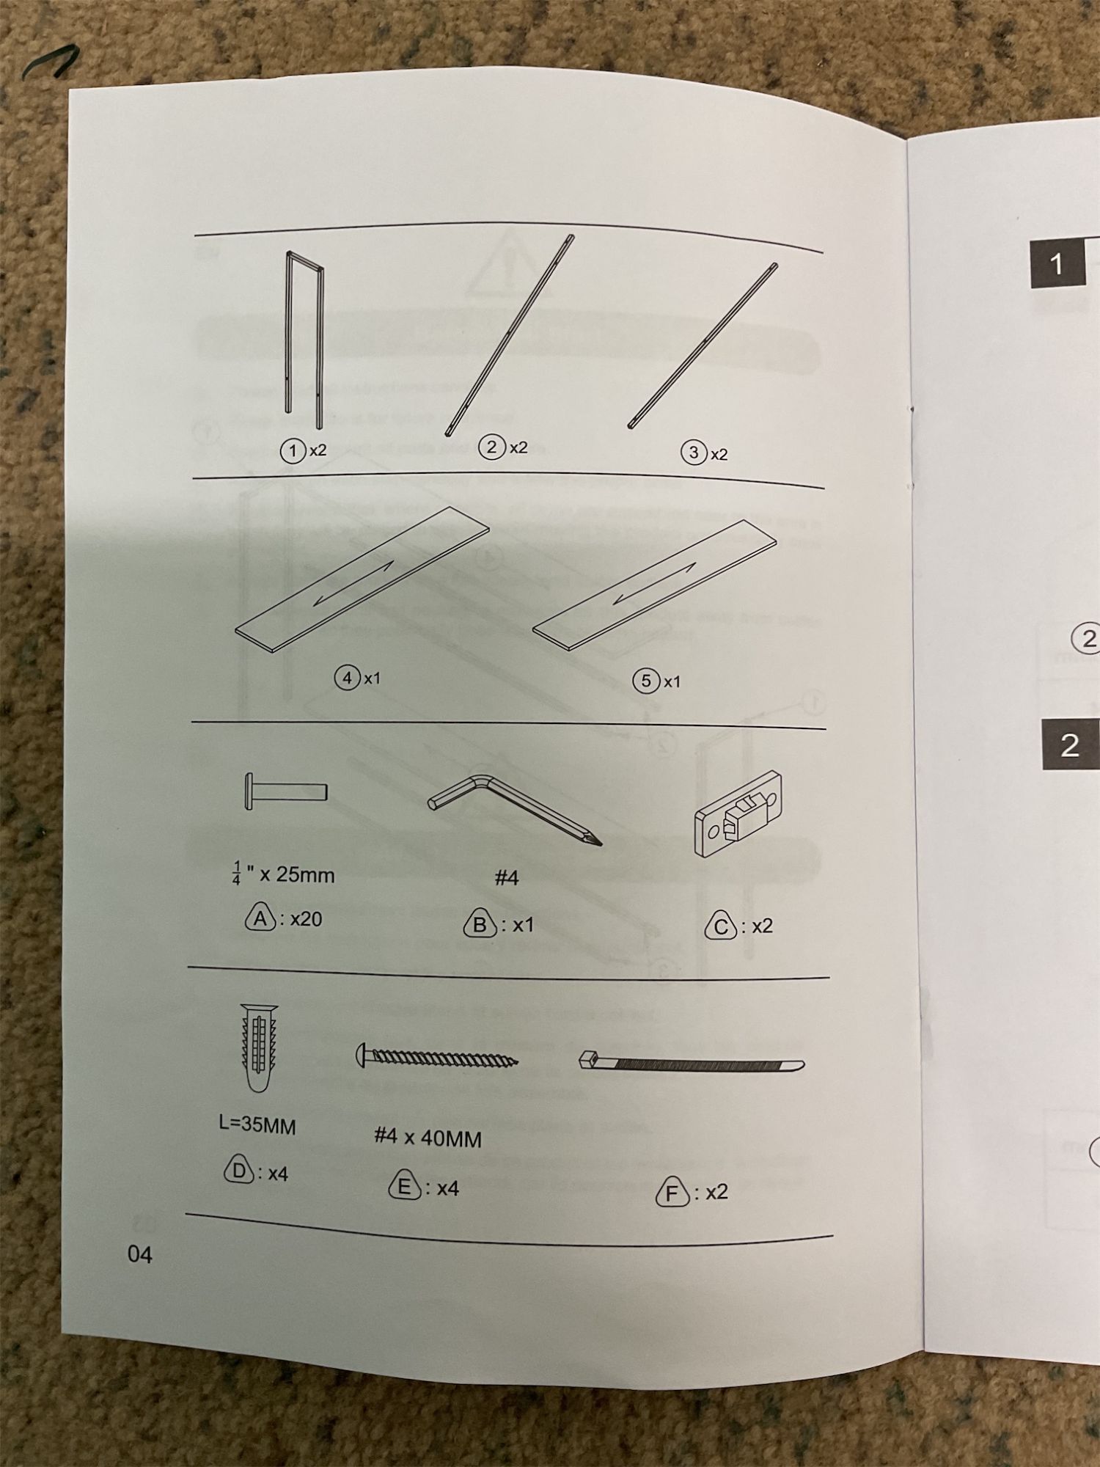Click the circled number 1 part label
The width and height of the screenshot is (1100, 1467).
tap(293, 450)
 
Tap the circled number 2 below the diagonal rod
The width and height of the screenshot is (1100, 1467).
tap(491, 447)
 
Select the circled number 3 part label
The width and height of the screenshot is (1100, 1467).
tap(694, 453)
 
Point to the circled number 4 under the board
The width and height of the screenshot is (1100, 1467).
tap(348, 678)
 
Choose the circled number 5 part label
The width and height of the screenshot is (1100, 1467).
tap(645, 681)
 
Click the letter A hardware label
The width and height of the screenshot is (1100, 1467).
tap(260, 918)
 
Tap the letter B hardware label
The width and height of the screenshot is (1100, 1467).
tap(480, 924)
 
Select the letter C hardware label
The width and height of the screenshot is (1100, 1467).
tap(720, 926)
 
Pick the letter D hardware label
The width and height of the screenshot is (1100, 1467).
tap(238, 1171)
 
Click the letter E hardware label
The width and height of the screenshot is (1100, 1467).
tap(405, 1186)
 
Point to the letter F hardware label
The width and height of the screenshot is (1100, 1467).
tap(672, 1193)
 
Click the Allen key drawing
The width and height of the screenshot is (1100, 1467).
tap(513, 807)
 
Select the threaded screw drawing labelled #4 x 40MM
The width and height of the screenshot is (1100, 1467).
tap(437, 1058)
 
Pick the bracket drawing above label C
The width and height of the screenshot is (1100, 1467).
tap(737, 814)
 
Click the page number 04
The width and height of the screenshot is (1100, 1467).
tap(140, 1255)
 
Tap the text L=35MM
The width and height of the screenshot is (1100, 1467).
tap(257, 1125)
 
